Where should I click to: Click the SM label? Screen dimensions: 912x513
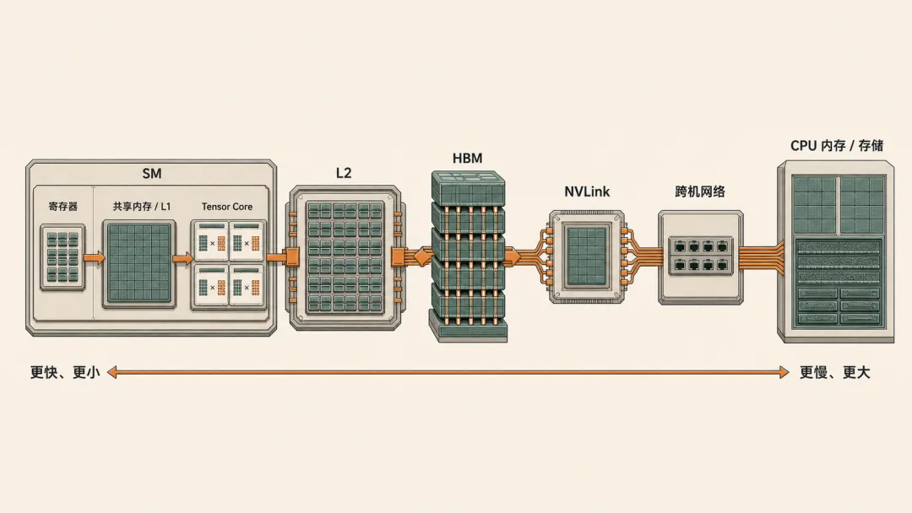pos(152,173)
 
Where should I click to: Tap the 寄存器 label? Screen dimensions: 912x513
pos(62,206)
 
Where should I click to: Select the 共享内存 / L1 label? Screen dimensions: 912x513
pos(142,206)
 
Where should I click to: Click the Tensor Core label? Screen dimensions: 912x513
pos(227,206)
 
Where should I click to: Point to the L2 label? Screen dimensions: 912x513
pos(344,173)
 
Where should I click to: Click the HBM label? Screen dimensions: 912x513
pos(467,158)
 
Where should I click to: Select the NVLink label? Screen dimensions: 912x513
pos(587,192)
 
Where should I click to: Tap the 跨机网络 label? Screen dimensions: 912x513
pos(700,192)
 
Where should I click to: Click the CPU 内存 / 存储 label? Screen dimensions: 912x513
pos(836,145)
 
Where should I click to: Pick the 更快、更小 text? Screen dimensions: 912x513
pos(65,372)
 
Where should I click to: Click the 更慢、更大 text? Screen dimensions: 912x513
pos(834,372)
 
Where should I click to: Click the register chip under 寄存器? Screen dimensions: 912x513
pos(62,257)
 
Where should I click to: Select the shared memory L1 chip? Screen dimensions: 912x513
pos(139,264)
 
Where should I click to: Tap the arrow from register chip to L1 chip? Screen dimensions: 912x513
pos(95,257)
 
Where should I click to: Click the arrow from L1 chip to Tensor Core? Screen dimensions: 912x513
pos(182,258)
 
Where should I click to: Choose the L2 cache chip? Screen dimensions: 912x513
pos(345,258)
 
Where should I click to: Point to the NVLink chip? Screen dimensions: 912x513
pos(586,256)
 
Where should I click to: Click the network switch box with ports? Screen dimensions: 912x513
pos(701,257)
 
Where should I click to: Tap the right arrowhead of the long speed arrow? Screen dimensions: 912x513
pos(784,372)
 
